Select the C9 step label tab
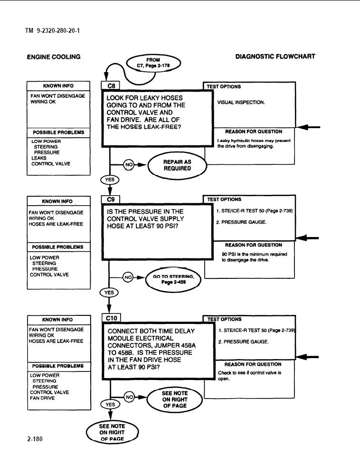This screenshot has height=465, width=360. (x=110, y=199)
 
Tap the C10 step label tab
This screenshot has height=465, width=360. (x=111, y=318)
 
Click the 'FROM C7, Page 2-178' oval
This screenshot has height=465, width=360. (x=153, y=63)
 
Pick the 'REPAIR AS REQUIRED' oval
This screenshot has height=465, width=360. (x=177, y=165)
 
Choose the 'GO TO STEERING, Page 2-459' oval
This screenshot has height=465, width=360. (x=173, y=279)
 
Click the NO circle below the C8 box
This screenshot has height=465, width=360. (x=129, y=165)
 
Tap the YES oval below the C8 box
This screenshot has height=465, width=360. (x=110, y=180)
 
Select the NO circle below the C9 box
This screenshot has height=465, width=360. (x=128, y=277)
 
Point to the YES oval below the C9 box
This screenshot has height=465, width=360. (x=109, y=293)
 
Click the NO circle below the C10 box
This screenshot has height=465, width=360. (x=129, y=397)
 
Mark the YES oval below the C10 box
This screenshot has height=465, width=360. (x=110, y=405)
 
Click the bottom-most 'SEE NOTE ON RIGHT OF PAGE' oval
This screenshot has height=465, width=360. (x=113, y=432)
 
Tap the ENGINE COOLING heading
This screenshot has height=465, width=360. (x=54, y=57)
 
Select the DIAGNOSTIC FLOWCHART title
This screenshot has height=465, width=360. (x=275, y=57)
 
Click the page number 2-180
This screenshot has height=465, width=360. (x=35, y=439)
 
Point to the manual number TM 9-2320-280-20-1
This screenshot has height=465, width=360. (x=53, y=30)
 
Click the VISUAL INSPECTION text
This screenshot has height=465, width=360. (x=241, y=102)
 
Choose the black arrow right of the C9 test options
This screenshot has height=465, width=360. (x=307, y=238)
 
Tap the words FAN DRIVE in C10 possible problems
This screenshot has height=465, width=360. (x=42, y=398)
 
